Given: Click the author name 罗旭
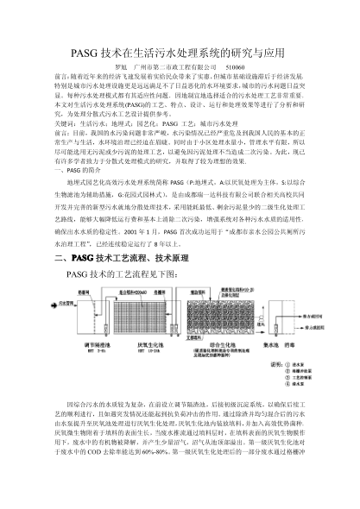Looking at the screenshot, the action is click(122, 66).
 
